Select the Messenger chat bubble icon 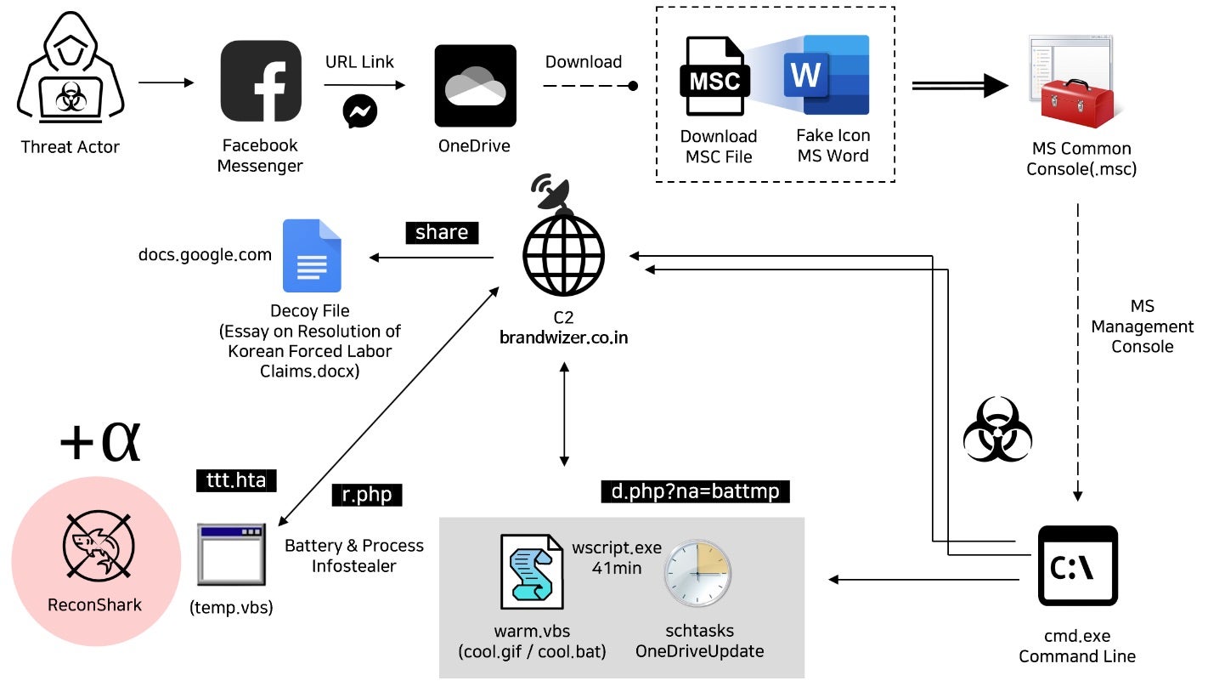coord(360,111)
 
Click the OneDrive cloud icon coord(475,86)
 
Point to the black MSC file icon coord(714,80)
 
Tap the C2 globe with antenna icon coord(563,241)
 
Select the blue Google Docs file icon coord(311,256)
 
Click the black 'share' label coord(442,233)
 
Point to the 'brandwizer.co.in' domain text coord(564,337)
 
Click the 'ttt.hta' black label coord(236,480)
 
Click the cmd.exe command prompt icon coord(1078,565)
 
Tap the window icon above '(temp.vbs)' coord(230,554)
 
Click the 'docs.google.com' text coord(205,254)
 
